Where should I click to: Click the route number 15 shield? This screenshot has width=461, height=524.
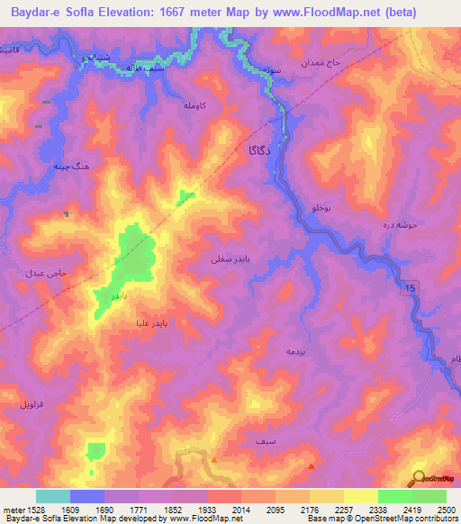click(x=411, y=286)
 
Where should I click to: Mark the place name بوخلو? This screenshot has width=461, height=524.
click(x=321, y=208)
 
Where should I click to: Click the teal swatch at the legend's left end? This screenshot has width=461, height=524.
click(x=53, y=496)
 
